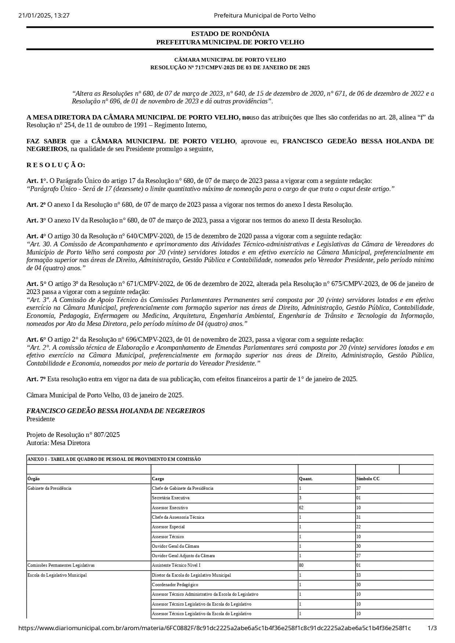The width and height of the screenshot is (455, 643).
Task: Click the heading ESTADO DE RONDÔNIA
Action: coord(230,34)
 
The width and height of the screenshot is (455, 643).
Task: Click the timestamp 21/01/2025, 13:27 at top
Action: coord(44,15)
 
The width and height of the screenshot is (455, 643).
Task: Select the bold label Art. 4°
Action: coord(36,236)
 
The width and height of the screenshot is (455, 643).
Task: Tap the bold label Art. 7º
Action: coord(36,379)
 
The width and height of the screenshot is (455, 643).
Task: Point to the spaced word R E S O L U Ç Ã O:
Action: coord(56,165)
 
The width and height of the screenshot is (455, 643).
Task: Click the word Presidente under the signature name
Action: coord(40,419)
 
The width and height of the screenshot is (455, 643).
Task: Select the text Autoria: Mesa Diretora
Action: coord(58,443)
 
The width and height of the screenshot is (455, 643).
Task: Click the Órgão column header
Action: coord(34,479)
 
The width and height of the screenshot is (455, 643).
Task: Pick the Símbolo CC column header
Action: coord(368,479)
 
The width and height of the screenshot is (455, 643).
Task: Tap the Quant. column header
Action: coord(306,479)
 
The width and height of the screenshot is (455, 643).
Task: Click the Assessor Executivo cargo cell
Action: coord(170,508)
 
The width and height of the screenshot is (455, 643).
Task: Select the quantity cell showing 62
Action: coord(301,508)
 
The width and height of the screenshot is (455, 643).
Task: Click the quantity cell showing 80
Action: coord(301,565)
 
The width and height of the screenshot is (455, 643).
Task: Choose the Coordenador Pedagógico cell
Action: coord(175,585)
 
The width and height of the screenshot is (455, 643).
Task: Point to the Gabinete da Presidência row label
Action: coord(49,488)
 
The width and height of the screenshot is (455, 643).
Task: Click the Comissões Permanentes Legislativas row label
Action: coord(61,565)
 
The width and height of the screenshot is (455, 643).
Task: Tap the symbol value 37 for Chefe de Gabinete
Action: coord(358,488)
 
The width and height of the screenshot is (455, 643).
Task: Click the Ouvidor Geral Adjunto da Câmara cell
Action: coord(183,556)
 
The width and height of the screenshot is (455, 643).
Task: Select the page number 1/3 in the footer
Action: coord(432,628)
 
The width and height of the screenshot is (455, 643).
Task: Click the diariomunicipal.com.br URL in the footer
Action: coord(214,628)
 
